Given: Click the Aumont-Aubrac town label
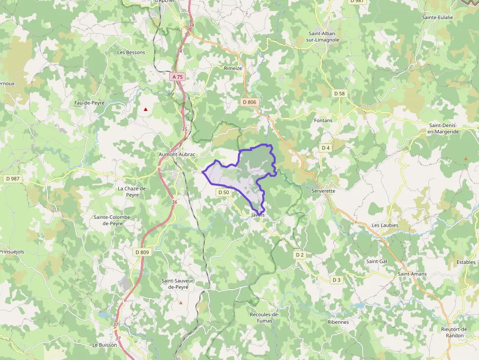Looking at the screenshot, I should [x=177, y=154].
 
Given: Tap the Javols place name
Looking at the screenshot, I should [x=258, y=215].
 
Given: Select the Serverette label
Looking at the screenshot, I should [x=324, y=191].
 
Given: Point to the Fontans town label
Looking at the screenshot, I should [x=323, y=120].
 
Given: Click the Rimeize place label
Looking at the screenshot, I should [x=233, y=68].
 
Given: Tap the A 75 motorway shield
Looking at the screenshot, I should [x=177, y=77].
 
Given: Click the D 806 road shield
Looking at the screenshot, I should [x=249, y=102].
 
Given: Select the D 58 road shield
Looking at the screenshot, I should [x=339, y=93].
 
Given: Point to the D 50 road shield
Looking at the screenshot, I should [x=223, y=192].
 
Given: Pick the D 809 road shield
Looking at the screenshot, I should [x=141, y=252].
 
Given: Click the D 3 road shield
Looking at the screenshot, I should [x=336, y=280].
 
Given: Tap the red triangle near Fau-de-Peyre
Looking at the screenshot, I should [x=145, y=109].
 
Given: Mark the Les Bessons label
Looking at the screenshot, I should [x=131, y=52].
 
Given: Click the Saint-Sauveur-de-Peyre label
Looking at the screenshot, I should [x=178, y=284].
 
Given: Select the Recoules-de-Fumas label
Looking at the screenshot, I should [x=264, y=318].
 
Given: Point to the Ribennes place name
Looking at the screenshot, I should [x=338, y=322].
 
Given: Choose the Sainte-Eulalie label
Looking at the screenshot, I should [x=437, y=17].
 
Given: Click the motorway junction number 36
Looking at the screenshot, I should [x=174, y=202].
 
